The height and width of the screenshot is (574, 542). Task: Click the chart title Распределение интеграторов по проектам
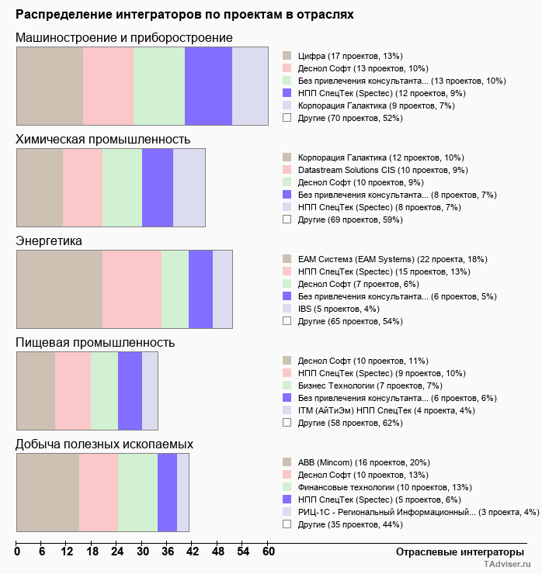click(185, 15)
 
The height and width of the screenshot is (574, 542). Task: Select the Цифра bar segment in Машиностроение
click(50, 85)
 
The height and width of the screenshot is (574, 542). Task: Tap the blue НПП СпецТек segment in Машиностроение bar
click(208, 85)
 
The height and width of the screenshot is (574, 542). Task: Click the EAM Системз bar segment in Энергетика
click(59, 289)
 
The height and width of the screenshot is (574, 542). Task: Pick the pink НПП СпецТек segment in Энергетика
click(131, 289)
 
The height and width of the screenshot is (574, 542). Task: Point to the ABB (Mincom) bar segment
click(47, 492)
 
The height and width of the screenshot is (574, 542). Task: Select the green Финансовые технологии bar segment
click(137, 492)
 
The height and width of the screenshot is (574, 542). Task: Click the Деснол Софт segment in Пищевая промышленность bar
click(36, 390)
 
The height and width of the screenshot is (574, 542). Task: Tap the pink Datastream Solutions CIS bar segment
click(82, 187)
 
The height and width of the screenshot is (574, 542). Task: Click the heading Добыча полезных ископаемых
click(105, 444)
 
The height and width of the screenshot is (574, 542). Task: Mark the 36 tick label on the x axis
click(168, 552)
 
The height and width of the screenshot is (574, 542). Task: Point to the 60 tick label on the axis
click(268, 552)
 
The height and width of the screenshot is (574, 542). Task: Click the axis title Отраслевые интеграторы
click(455, 552)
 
